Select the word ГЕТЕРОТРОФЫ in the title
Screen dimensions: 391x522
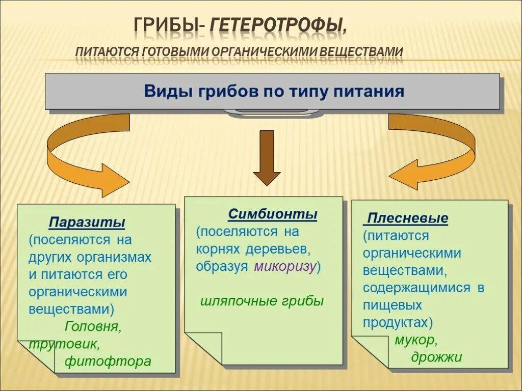(278, 25)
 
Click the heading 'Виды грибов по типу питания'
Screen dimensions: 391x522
(274, 92)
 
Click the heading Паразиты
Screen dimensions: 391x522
(87, 223)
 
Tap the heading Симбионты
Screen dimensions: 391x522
(273, 214)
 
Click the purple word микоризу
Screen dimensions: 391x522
(285, 266)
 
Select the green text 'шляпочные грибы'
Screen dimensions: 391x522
(262, 301)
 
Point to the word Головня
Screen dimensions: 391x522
(93, 326)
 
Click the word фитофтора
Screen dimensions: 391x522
(108, 361)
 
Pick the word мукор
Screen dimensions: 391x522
(416, 340)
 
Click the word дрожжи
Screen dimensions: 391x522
(436, 357)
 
